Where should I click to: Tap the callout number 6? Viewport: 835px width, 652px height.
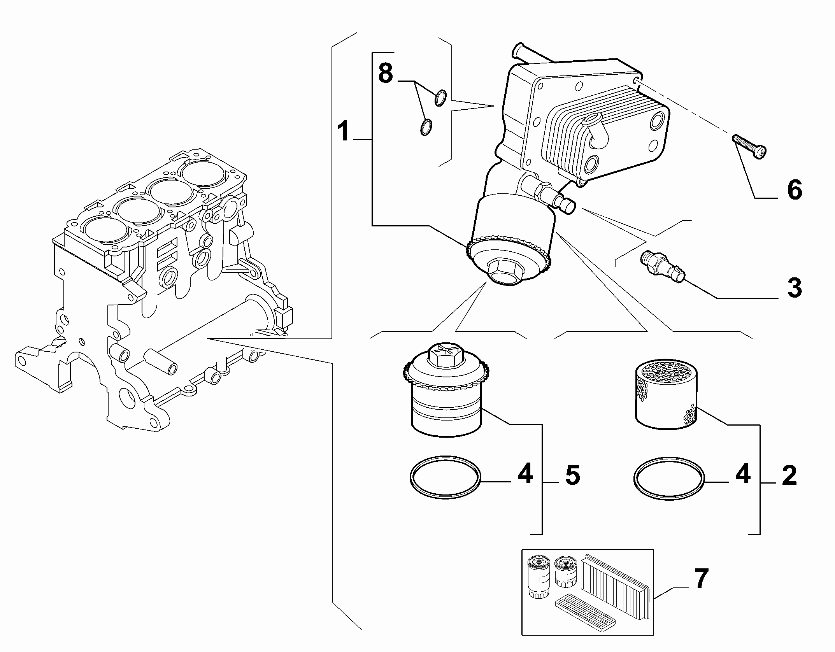(794, 190)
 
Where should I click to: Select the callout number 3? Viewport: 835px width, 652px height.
(794, 288)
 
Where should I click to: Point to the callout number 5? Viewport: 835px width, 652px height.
(572, 475)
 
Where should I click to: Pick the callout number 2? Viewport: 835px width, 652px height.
(789, 475)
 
